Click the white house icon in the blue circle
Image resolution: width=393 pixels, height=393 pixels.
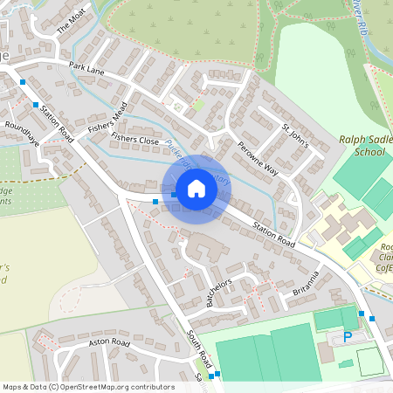click(x=196, y=188)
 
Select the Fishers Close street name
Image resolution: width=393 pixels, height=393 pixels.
click(x=134, y=140)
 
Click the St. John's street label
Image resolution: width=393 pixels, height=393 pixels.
click(x=295, y=138)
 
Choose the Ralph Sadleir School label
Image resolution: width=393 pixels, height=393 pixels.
click(x=363, y=145)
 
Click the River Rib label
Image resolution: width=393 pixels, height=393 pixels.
click(x=361, y=16)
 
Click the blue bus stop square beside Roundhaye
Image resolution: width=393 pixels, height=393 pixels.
click(x=36, y=105)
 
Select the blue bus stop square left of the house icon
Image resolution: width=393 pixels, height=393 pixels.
click(x=155, y=202)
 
